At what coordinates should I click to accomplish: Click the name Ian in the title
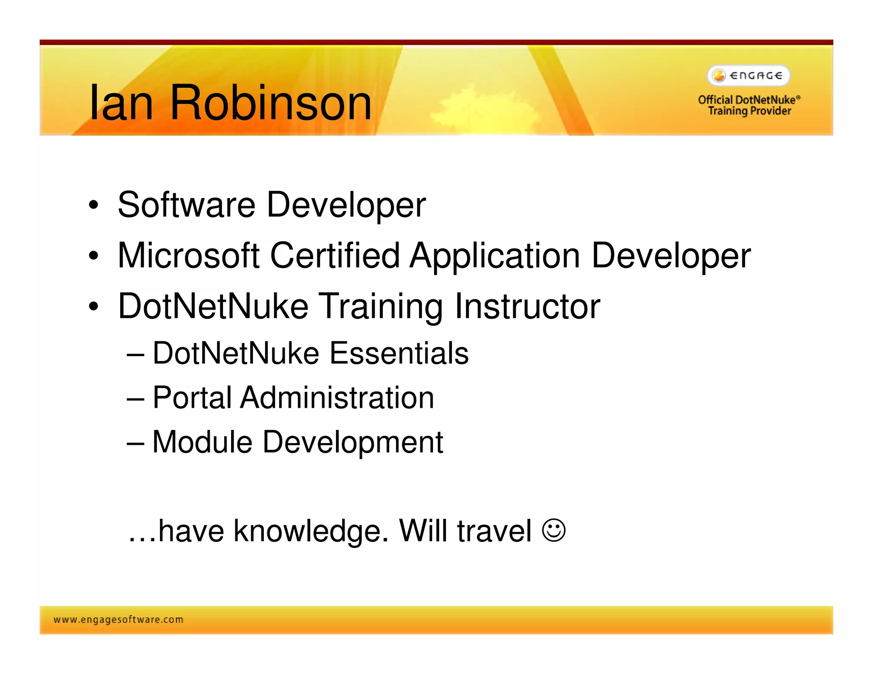[121, 103]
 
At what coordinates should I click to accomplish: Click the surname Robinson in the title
[271, 103]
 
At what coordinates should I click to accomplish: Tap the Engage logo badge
[749, 75]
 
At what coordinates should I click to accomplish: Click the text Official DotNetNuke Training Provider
[749, 105]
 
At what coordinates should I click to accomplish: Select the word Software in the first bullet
[186, 205]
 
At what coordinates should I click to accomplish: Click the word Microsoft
[188, 256]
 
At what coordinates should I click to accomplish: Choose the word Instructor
[527, 306]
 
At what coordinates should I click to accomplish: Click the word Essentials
[399, 353]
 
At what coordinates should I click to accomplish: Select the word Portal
[192, 397]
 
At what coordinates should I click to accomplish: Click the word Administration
[337, 397]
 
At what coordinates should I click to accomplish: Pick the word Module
[202, 442]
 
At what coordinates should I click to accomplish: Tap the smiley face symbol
[553, 530]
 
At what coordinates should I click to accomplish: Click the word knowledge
[311, 531]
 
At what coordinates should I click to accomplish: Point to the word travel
[494, 531]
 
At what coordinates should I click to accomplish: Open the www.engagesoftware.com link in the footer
[118, 619]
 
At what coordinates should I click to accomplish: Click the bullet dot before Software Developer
[93, 205]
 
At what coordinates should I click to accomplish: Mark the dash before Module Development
[135, 443]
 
